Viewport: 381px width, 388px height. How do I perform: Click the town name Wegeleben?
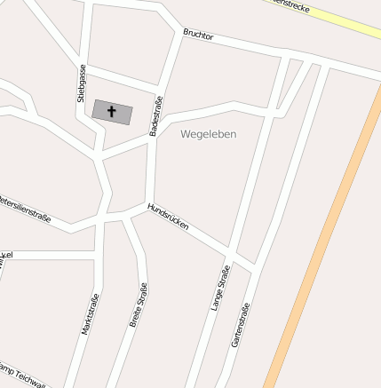(208, 134)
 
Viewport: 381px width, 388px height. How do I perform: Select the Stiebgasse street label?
(81, 81)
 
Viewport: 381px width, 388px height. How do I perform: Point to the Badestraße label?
(156, 115)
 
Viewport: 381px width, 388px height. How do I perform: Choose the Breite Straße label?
(139, 305)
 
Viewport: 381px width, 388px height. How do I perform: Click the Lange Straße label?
(219, 290)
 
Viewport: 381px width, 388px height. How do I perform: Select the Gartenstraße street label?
(240, 325)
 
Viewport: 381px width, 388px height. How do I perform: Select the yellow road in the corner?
(346, 22)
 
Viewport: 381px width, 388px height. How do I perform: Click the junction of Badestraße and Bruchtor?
(183, 34)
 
